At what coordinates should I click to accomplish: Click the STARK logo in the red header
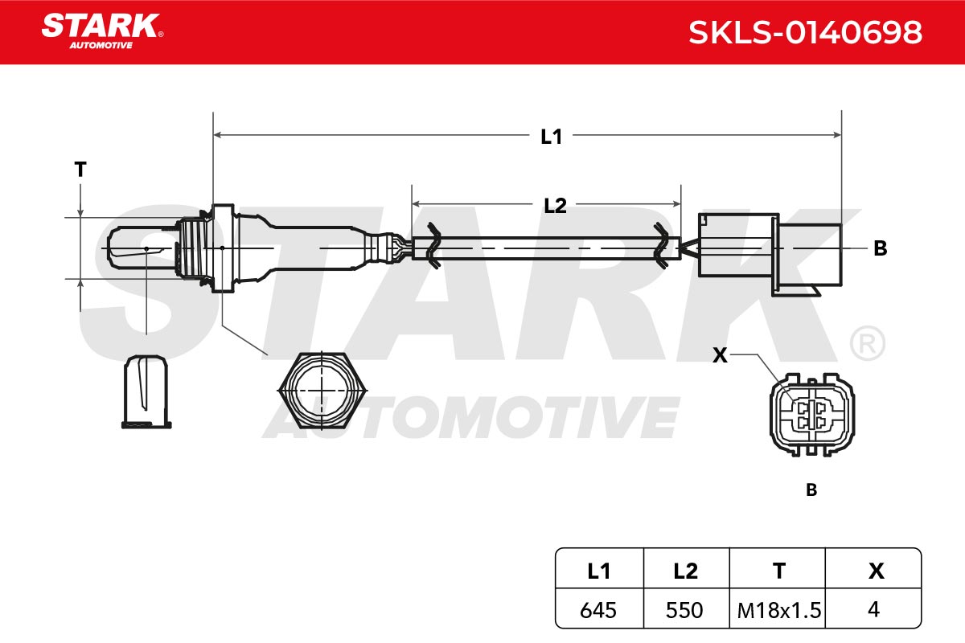(102, 31)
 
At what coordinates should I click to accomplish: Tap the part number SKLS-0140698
(805, 32)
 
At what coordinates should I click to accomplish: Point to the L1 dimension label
(552, 137)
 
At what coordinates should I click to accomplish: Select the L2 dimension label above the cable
(555, 206)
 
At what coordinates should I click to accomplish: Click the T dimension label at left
(80, 170)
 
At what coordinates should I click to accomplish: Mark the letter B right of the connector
(880, 248)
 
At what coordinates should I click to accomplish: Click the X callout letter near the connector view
(720, 356)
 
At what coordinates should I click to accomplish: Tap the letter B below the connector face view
(811, 489)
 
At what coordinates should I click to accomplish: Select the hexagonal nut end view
(322, 391)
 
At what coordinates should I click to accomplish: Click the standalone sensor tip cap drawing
(146, 391)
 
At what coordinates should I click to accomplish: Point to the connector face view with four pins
(812, 414)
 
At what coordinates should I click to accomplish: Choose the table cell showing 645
(598, 610)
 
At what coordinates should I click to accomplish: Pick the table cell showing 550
(684, 610)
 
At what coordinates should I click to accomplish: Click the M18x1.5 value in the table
(779, 611)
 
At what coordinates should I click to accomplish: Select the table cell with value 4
(873, 609)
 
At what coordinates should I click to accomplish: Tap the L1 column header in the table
(599, 571)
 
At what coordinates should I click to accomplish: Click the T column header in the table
(779, 571)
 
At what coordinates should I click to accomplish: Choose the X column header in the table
(877, 571)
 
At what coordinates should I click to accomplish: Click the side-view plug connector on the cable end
(770, 254)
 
